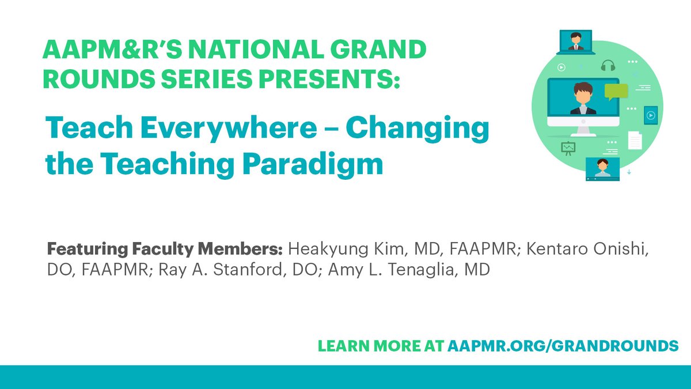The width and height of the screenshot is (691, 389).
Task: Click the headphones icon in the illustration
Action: coord(608,66)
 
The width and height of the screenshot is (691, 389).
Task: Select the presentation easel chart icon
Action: coord(568,149)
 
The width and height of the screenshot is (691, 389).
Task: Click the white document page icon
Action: coord(635,141)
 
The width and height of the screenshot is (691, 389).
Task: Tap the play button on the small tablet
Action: coord(651,115)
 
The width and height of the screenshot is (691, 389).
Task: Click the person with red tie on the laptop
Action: coord(576,41)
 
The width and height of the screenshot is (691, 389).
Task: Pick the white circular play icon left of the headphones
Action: coord(561,67)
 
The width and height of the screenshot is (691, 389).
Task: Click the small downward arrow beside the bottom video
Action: coord(629,172)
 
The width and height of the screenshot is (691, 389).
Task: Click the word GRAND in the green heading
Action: coord(378,50)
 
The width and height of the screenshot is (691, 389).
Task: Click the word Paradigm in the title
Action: coord(313,165)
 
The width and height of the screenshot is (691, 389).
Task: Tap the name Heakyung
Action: coord(328,250)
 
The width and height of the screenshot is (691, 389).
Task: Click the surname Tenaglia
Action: coord(420,270)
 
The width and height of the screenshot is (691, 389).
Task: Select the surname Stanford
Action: coord(248,269)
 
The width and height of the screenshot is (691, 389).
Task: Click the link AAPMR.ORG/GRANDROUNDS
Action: coord(563,346)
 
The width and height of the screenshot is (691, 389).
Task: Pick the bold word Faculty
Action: coord(162,250)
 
